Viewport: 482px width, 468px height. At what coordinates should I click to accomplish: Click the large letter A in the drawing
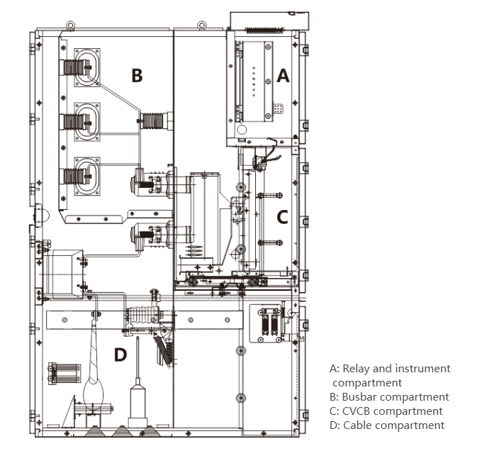point(283,76)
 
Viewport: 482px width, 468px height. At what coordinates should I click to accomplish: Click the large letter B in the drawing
point(137,76)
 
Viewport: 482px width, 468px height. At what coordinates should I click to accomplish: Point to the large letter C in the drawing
point(282,217)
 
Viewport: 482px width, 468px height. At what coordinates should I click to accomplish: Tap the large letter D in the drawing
point(120,355)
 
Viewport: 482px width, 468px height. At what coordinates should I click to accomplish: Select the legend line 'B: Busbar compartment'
point(389,397)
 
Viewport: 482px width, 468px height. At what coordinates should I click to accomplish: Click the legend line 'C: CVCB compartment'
point(386,411)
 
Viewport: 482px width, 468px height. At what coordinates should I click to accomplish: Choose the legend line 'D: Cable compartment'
point(387,425)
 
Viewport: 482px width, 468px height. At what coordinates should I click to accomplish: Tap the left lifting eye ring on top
point(70,25)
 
